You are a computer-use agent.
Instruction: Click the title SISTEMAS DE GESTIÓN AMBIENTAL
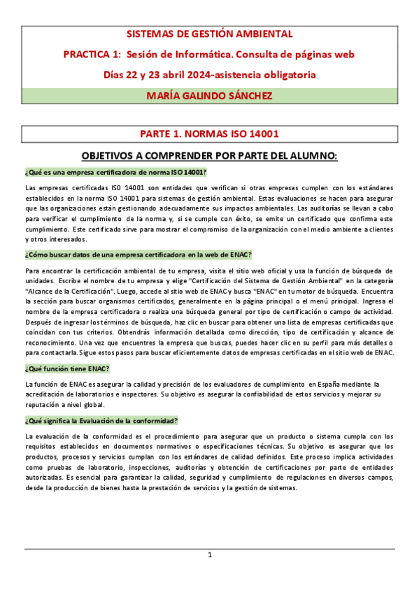[x=209, y=34]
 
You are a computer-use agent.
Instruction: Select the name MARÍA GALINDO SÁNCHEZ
[x=209, y=95]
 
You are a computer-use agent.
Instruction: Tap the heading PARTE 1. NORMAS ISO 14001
[x=209, y=134]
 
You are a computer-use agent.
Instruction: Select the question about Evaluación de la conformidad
[x=101, y=421]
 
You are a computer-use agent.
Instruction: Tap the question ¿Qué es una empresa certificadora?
[x=116, y=172]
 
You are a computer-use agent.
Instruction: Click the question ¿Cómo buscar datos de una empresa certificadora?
[x=138, y=255]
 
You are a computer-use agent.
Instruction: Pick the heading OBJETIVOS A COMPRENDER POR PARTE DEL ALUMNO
[x=209, y=156]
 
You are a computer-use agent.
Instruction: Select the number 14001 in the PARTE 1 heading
[x=262, y=134]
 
